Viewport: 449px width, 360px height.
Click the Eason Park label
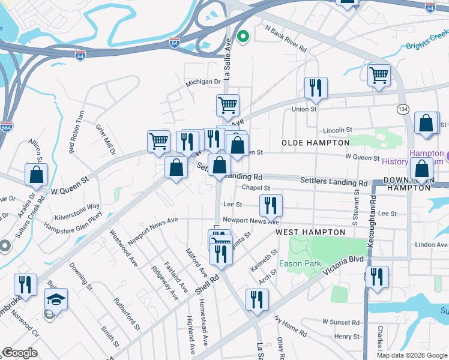[300, 263]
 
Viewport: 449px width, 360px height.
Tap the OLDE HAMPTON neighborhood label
[316, 143]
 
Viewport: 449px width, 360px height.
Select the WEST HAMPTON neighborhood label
[310, 232]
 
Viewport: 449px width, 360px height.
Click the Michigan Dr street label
[203, 82]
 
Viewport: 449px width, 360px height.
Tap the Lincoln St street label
[337, 130]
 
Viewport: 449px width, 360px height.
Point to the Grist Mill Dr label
[104, 139]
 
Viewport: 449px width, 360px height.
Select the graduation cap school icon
[56, 299]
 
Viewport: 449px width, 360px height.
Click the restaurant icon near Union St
[315, 88]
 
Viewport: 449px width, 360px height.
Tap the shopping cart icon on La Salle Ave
[228, 105]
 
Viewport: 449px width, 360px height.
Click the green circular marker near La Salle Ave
[243, 37]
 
